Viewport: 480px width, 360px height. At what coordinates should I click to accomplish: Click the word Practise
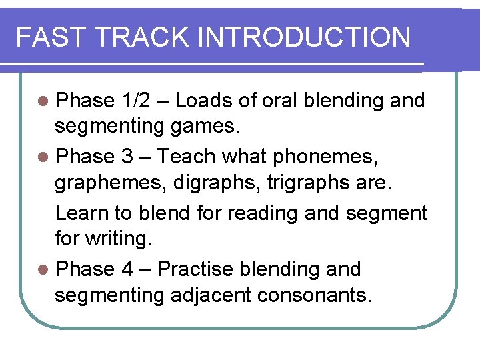pyautogui.click(x=195, y=269)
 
